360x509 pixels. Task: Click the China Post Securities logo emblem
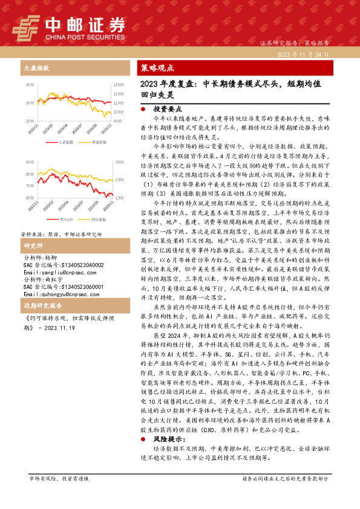coord(26,27)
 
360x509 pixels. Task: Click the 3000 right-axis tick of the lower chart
coord(117,163)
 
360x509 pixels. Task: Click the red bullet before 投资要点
coord(142,111)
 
